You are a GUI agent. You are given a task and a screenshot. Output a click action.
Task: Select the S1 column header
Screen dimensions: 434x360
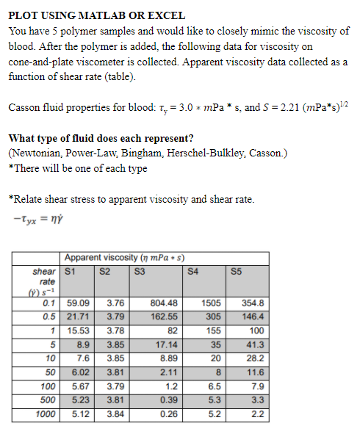[x=71, y=270]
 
